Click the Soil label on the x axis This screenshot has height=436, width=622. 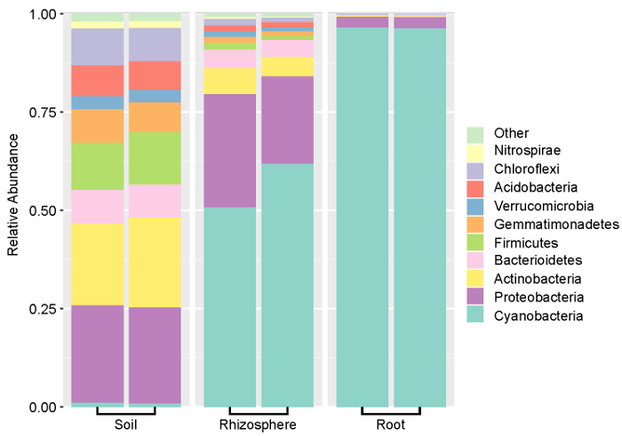pos(126,424)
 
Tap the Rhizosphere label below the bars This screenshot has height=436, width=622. pos(259,424)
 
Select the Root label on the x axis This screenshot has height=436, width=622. pos(391,424)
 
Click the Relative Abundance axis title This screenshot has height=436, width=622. pos(13,210)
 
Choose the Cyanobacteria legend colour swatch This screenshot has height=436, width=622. pos(475,315)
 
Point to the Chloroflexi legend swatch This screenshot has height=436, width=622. pos(475,170)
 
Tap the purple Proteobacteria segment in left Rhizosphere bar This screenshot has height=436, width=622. pos(231,150)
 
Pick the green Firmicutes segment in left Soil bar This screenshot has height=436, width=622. pos(98,166)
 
